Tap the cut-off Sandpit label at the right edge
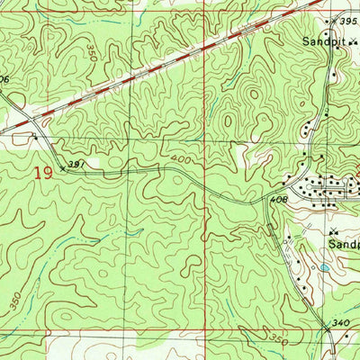[x=342, y=243]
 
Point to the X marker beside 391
[x=63, y=166]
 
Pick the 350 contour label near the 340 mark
[x=280, y=341]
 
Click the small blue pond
[x=324, y=268]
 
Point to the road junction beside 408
[x=267, y=198]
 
